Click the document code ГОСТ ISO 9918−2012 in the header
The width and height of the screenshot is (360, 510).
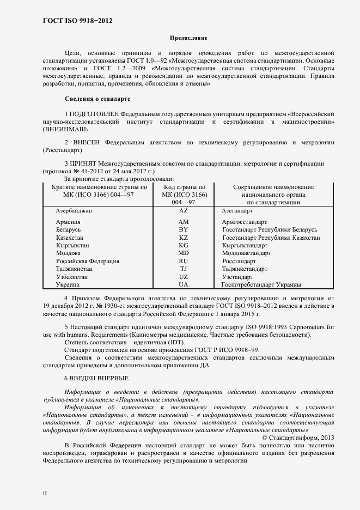(x=77, y=21)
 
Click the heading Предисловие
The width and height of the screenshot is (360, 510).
(x=189, y=38)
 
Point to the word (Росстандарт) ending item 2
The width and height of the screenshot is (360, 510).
(x=64, y=150)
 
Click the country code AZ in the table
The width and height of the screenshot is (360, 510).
(x=183, y=210)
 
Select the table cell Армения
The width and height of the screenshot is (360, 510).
(x=69, y=222)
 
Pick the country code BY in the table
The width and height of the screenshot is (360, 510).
(x=183, y=230)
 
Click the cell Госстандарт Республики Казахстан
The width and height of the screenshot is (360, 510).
(x=271, y=238)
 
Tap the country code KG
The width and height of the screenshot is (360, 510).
(x=183, y=246)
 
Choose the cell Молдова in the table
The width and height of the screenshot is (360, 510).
(x=69, y=253)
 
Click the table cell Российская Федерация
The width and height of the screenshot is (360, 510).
(x=87, y=261)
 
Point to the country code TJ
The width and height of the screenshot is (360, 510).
(x=183, y=269)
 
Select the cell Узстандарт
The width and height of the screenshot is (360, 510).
(x=237, y=277)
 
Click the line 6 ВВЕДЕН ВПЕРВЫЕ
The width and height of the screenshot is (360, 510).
(x=96, y=378)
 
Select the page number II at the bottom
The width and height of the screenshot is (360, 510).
(x=45, y=493)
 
